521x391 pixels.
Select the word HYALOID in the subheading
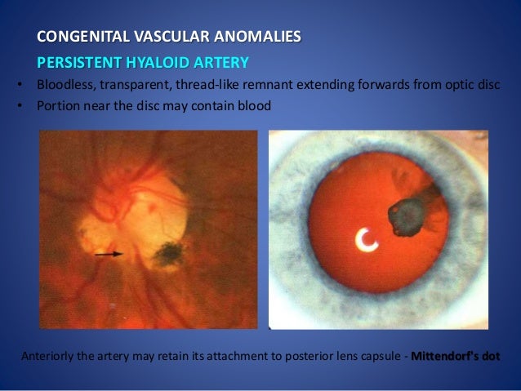(x=158, y=63)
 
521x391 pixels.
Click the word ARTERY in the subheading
(x=220, y=63)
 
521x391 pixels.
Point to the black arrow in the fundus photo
(x=108, y=254)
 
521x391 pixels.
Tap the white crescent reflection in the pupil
(x=367, y=239)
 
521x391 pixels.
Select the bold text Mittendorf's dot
(x=455, y=357)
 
